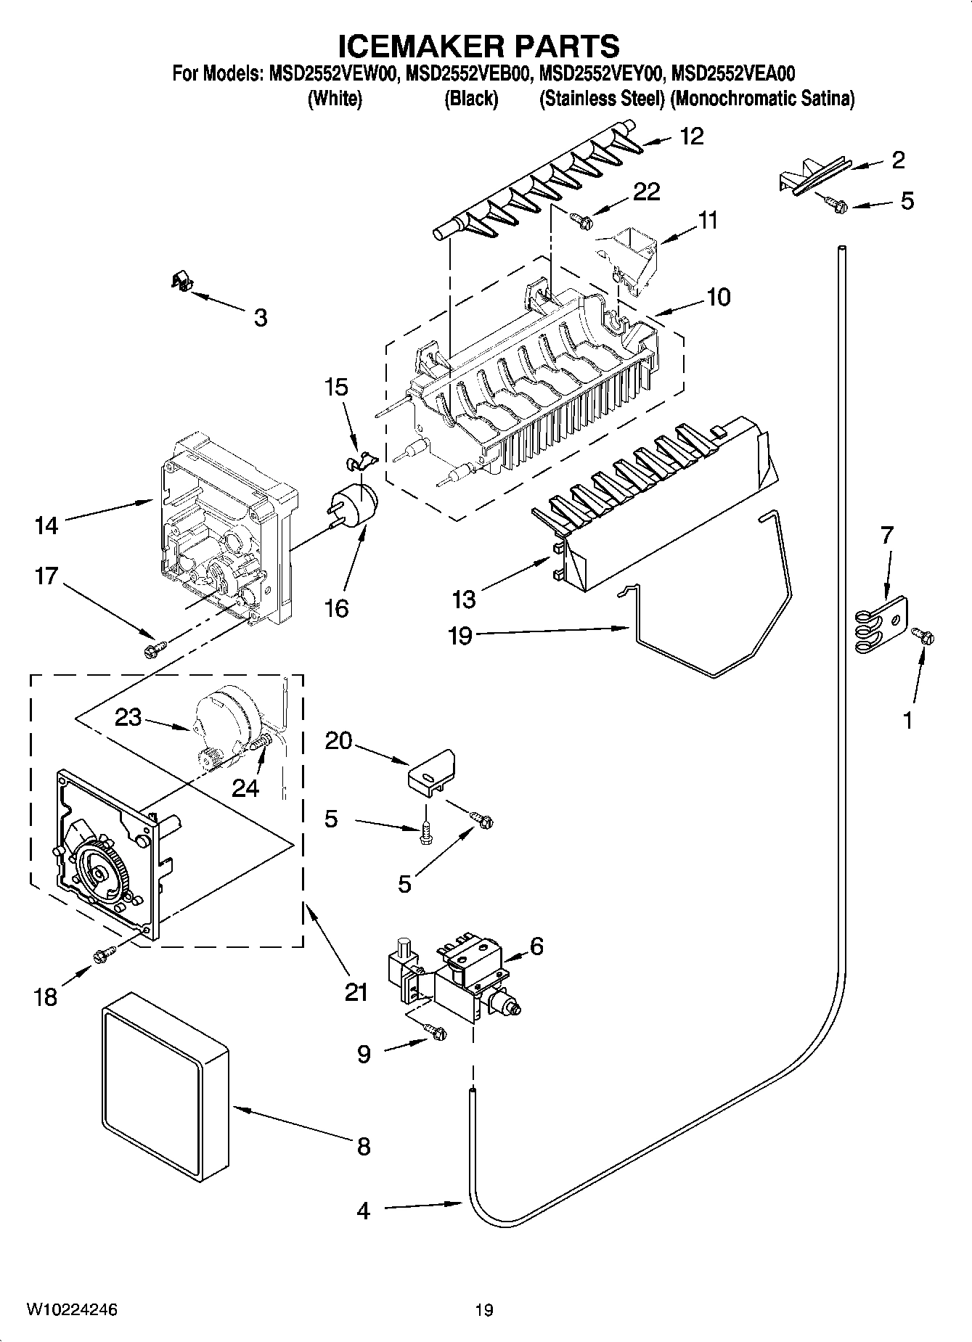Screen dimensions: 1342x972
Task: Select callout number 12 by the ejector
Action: [692, 136]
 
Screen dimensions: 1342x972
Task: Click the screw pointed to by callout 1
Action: [924, 636]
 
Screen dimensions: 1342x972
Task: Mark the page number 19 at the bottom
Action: [484, 1310]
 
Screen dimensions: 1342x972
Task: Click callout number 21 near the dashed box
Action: [356, 991]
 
